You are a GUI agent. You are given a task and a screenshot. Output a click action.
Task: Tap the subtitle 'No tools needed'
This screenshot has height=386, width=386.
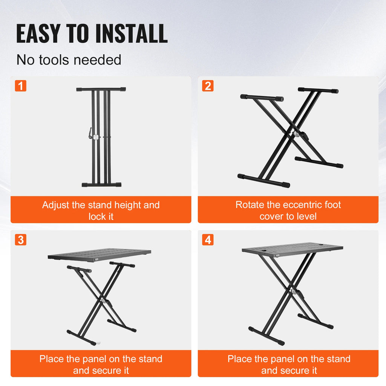click(x=69, y=60)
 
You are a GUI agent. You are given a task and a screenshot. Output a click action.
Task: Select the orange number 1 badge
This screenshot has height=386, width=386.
click(x=21, y=86)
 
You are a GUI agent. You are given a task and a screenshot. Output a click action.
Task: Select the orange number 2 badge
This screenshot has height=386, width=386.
click(x=208, y=86)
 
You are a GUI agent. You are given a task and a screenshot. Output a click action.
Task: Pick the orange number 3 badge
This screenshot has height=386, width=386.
click(x=21, y=239)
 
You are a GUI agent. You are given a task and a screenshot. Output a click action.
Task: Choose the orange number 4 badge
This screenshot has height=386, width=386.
click(x=208, y=239)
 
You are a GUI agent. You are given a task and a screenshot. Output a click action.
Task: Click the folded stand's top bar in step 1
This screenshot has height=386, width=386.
click(x=101, y=90)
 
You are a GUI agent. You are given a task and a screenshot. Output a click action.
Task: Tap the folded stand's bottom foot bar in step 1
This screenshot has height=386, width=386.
click(x=101, y=185)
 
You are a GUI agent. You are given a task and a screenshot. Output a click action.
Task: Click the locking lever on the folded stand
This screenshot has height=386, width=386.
click(x=90, y=133)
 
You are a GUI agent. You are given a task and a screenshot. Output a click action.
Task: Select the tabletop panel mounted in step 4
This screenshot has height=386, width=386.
click(x=292, y=250)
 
